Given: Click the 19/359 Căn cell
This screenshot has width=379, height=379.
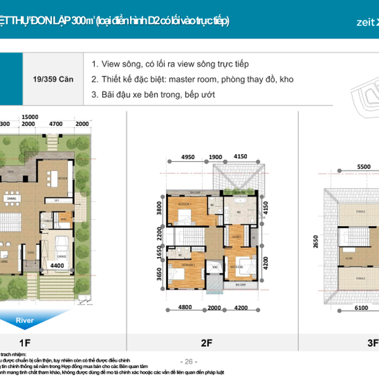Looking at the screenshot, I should pos(52,80).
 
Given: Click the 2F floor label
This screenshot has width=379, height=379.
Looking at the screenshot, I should pos(206,343).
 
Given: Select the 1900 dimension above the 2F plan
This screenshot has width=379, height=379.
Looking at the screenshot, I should pos(215,156).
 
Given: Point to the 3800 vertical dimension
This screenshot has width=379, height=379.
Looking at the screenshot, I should pos(160,209).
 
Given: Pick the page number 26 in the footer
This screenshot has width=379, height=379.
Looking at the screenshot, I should pos(188,361).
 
